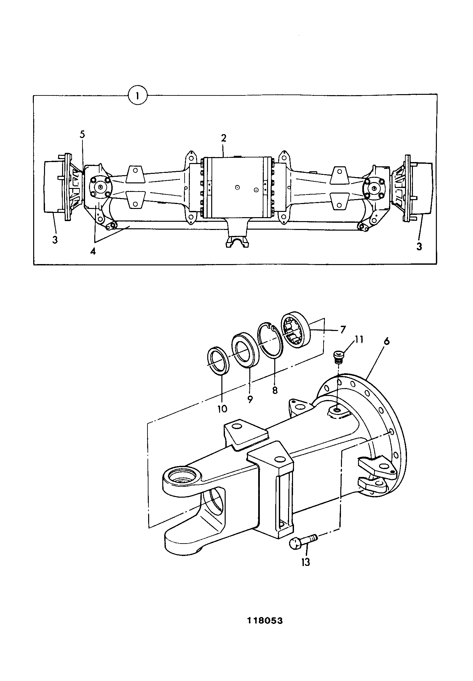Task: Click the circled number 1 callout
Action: point(138,95)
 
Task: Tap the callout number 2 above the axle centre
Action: point(223,138)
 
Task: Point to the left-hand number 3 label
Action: point(55,239)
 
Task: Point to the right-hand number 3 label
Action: point(419,246)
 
